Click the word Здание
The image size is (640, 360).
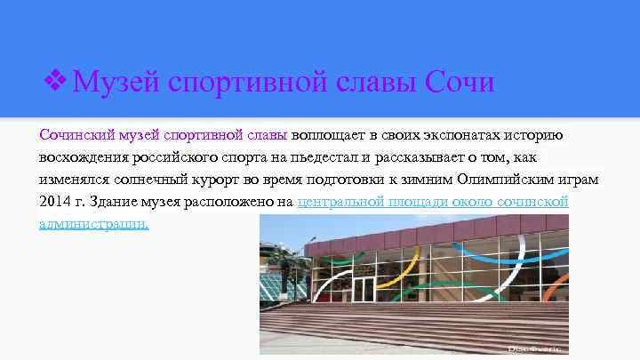[x=116, y=202]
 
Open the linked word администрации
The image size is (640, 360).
[x=94, y=224]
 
